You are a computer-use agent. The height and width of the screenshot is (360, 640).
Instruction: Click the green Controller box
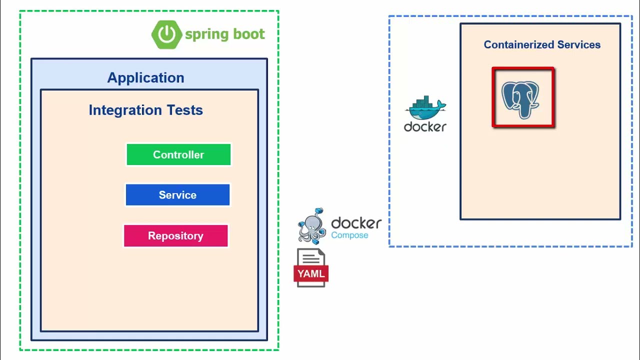178,154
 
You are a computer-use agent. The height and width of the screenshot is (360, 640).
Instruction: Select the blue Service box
177,195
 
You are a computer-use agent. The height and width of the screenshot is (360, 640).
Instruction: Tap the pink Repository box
175,236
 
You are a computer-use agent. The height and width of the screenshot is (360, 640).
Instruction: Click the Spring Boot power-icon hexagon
166,34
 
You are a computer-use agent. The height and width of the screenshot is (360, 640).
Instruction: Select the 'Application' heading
145,78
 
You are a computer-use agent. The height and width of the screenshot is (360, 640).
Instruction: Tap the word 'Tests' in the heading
184,110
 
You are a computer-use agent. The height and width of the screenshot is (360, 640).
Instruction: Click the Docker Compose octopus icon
312,226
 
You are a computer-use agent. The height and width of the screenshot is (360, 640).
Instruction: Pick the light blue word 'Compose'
349,235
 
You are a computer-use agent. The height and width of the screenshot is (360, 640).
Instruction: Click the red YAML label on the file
311,273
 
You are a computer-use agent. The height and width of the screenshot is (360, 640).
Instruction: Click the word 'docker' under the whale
425,127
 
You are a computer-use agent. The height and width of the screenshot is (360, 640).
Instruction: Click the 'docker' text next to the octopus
356,223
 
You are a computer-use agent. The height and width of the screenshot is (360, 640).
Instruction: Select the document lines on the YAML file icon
310,258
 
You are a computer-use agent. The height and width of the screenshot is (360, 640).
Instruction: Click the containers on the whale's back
423,102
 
